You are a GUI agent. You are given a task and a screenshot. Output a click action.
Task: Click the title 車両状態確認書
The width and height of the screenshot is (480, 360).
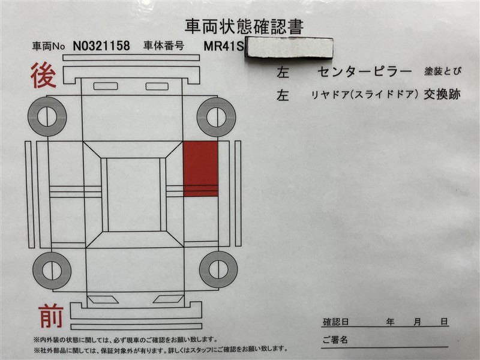pos(243,26)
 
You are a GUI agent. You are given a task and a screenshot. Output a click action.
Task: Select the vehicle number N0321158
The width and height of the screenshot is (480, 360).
pos(101,45)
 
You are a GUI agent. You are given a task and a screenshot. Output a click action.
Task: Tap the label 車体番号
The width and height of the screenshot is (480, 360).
pos(163,45)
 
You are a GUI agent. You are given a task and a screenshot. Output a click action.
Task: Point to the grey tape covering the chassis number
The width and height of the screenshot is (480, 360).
pos(288,47)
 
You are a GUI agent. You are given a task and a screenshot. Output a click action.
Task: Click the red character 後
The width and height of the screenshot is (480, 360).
pos(44,76)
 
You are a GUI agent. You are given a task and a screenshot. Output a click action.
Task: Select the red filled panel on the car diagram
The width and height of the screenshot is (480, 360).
pos(200,169)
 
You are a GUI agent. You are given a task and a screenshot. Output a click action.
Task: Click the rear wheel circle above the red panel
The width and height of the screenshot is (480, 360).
pos(216,115)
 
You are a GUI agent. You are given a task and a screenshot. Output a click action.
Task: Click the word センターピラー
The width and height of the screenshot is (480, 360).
pos(365,72)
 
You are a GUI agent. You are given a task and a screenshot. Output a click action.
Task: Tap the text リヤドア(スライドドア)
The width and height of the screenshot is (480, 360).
pos(365,94)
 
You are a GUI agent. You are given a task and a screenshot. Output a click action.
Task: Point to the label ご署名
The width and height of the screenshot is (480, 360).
pos(335,340)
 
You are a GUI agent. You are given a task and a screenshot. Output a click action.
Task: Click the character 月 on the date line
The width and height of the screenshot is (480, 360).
pos(417,322)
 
